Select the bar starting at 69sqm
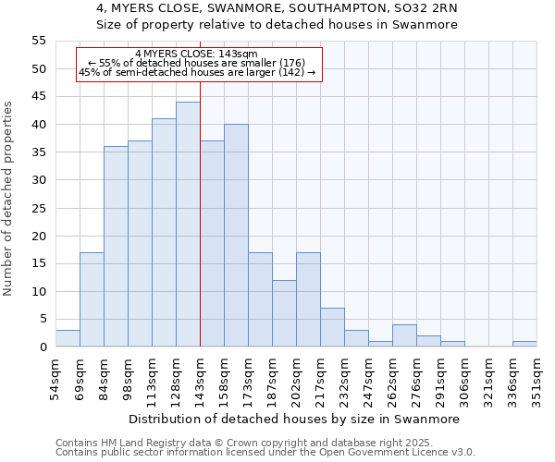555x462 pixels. (x=92, y=299)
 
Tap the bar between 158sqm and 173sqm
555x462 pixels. (x=236, y=236)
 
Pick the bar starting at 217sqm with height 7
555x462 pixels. (x=332, y=327)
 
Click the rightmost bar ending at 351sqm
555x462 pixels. (x=524, y=344)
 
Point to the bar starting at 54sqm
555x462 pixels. (x=68, y=338)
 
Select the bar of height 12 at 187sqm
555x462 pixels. (x=284, y=313)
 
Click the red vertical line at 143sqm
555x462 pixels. (x=200, y=231)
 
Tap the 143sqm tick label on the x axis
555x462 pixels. (x=201, y=378)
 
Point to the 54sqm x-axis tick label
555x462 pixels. (x=56, y=378)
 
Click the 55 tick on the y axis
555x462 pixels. (x=39, y=41)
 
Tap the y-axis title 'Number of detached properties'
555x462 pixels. (x=8, y=199)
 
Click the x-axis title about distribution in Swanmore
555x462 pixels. (x=294, y=419)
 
